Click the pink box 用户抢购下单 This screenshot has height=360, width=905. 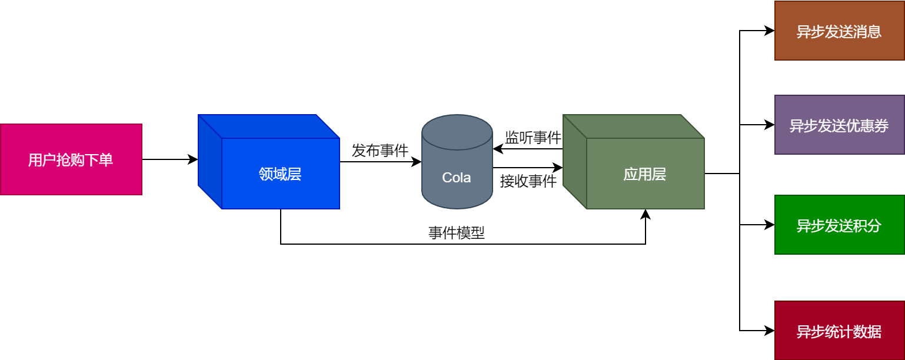tap(71, 159)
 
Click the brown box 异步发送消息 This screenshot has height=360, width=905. tap(839, 31)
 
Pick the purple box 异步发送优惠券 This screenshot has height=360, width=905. tap(839, 125)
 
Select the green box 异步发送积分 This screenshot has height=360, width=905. tap(839, 225)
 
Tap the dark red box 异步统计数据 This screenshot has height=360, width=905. tap(839, 331)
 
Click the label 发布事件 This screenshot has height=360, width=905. tap(380, 151)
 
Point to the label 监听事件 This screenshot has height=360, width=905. tap(533, 138)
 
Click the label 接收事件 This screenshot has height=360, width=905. tap(528, 181)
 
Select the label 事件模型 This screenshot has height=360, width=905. tap(457, 233)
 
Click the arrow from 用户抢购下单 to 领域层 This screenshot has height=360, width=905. tap(169, 159)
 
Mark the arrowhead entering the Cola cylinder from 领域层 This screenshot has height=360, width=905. tap(418, 162)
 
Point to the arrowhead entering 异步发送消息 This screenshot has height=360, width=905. tap(770, 31)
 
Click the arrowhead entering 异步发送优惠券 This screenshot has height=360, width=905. tap(770, 125)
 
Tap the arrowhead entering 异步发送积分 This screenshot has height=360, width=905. tap(770, 225)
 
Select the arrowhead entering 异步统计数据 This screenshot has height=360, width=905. tap(770, 331)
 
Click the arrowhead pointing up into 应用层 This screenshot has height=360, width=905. tap(646, 214)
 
